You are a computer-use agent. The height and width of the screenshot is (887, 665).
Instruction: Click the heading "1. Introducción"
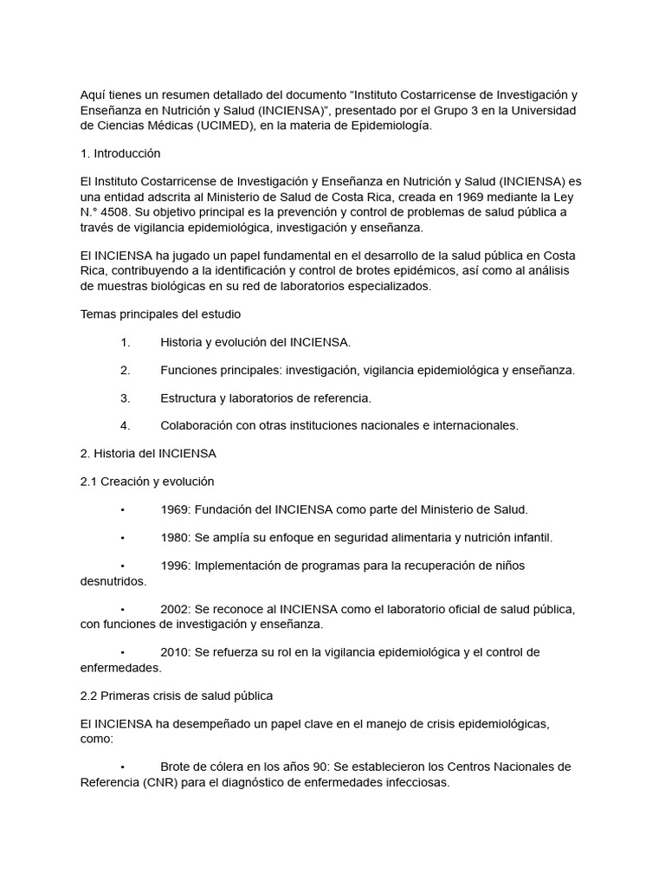(120, 153)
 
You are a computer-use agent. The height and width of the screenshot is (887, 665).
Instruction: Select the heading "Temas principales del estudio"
(160, 314)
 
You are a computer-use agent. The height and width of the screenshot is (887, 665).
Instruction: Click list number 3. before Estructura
(126, 398)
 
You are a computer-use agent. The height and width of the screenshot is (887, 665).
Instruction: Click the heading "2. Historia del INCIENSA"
(148, 453)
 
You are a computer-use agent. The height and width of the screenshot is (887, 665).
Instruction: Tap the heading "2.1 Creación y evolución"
(147, 481)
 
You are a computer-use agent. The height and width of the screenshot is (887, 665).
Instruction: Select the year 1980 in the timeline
(174, 537)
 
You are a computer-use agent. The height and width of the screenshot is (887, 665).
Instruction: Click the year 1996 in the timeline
(174, 565)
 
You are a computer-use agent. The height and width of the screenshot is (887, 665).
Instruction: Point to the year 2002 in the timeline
(174, 609)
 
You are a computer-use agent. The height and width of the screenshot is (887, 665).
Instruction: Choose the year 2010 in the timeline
(174, 651)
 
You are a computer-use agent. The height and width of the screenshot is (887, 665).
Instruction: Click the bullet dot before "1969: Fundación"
(124, 509)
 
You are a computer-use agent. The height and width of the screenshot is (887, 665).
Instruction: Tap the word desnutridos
(113, 581)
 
